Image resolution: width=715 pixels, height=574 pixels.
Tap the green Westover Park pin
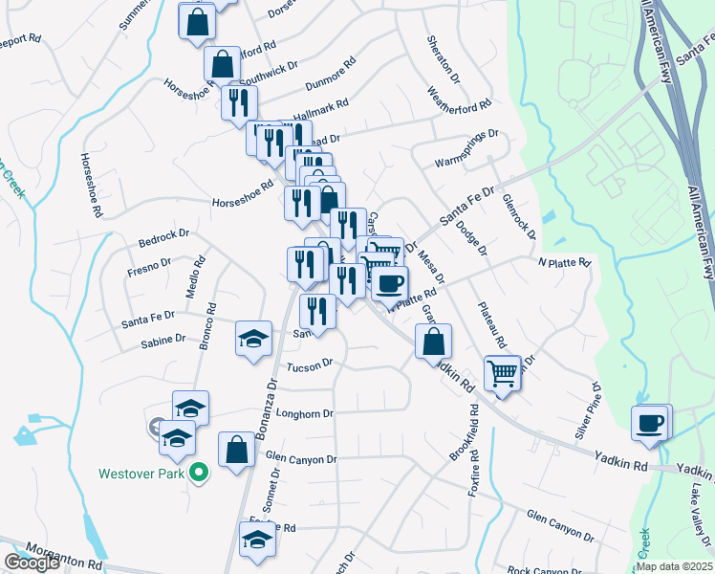click(199, 471)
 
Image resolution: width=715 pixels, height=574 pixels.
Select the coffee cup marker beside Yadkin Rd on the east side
click(650, 423)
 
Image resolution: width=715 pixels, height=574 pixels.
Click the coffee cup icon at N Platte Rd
click(389, 284)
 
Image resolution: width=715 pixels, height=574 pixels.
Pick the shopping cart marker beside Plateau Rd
click(502, 373)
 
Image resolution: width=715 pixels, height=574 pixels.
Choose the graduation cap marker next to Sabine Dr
click(253, 339)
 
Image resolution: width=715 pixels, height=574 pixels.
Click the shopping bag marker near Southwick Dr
click(222, 65)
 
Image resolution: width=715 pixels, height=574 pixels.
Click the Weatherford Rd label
click(459, 101)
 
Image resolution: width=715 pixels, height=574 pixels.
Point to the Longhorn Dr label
click(303, 414)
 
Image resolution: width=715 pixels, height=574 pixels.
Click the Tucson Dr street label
click(309, 364)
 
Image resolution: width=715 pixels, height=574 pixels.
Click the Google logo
click(32, 563)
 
